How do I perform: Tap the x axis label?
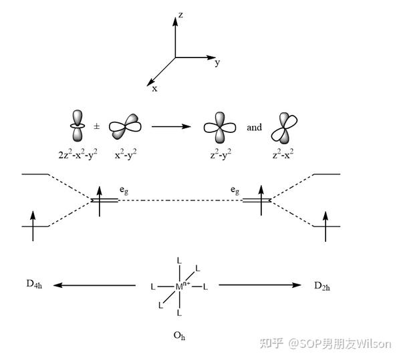point(154,87)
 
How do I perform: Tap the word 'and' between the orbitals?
point(254,126)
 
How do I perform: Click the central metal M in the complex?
point(178,287)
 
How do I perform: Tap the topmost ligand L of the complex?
point(178,260)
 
